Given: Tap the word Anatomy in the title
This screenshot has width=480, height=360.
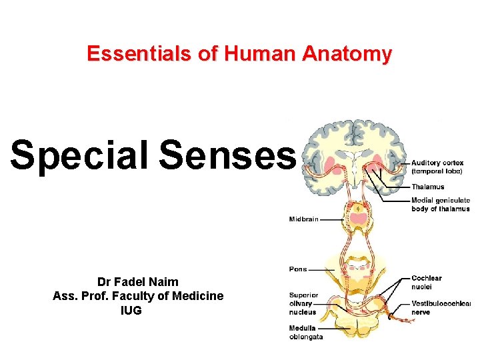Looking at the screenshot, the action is (x=347, y=53).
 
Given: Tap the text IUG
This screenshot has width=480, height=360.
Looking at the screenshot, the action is (x=131, y=310).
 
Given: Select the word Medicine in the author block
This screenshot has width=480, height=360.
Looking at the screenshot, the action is (x=198, y=296).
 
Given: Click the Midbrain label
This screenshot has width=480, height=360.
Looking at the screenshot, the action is (x=304, y=219).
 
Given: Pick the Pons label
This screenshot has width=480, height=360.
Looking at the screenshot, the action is (x=298, y=269).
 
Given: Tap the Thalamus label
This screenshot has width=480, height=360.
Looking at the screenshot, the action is (x=427, y=187).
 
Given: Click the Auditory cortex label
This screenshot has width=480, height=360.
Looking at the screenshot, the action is (x=437, y=166).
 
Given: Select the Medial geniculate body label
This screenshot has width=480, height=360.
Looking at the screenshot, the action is (x=440, y=204).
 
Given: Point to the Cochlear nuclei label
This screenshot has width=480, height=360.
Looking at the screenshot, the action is (x=427, y=283).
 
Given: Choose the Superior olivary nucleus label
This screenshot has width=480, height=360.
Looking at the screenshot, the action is (x=304, y=303).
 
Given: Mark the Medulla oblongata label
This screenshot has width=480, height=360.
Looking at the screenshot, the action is (x=306, y=332).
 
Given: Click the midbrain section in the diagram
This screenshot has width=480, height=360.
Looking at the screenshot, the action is (x=359, y=218).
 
